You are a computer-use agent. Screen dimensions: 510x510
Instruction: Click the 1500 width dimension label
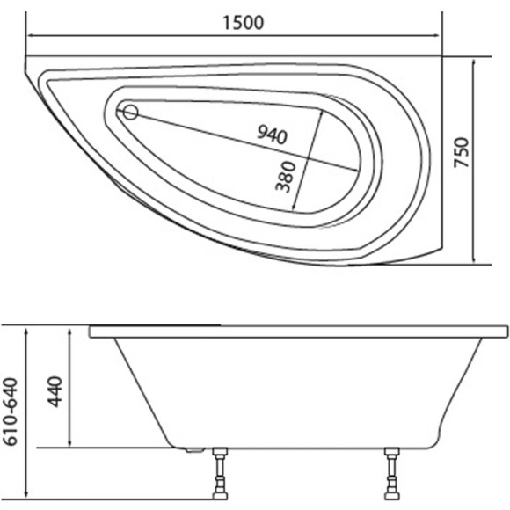[x=244, y=23]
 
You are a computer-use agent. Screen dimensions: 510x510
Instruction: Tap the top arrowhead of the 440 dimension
[x=69, y=330]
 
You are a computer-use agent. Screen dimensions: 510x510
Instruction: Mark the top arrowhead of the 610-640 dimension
[x=28, y=330]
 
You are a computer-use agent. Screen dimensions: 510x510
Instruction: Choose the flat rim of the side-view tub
[x=299, y=331]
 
